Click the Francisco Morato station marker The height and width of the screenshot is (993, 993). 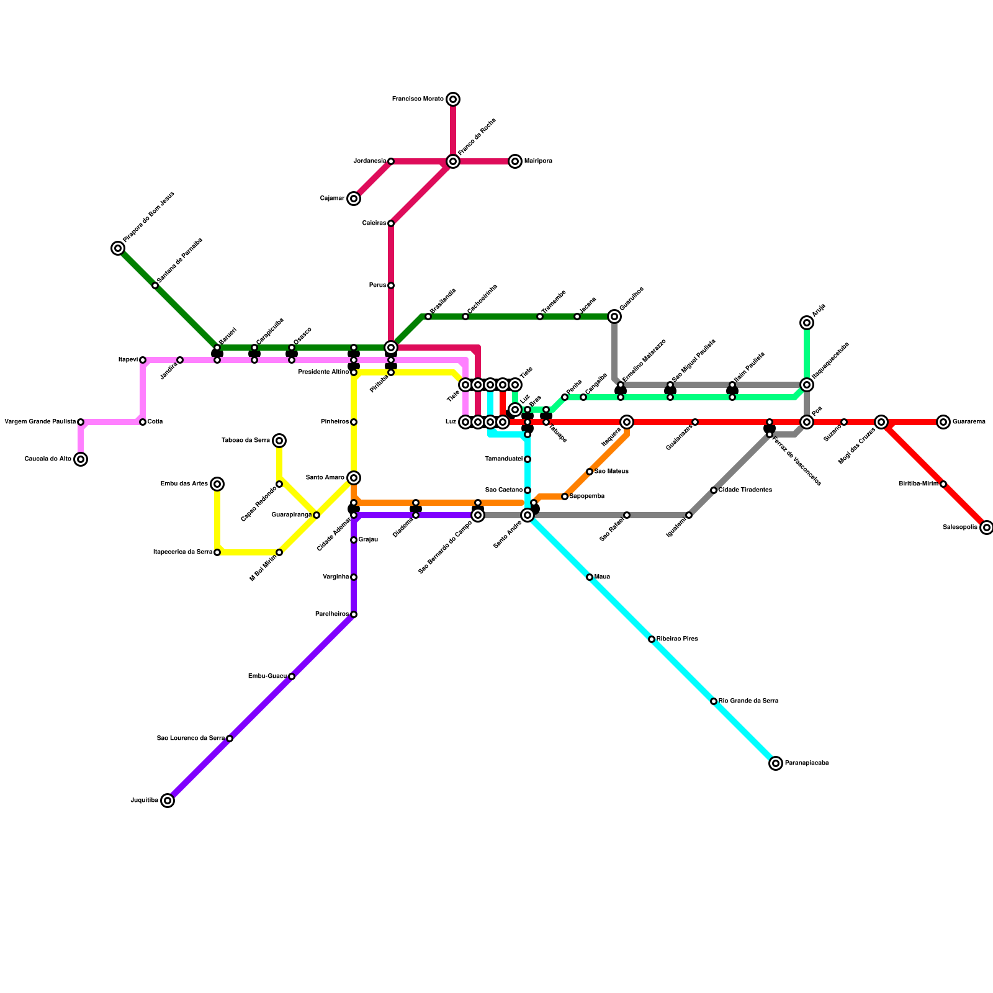point(453,99)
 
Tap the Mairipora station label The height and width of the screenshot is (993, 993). point(538,161)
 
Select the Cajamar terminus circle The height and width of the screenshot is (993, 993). point(354,199)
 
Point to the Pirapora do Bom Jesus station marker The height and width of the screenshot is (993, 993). point(118,248)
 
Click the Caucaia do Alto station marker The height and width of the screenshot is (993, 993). point(81,459)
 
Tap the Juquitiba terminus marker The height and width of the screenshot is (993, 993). point(168,801)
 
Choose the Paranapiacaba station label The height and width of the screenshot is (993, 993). point(806,763)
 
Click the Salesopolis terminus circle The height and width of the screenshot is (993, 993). point(987,528)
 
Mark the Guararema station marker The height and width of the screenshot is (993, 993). point(943,422)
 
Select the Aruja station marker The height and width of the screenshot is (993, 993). point(807,323)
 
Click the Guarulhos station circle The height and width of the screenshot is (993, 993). point(614,317)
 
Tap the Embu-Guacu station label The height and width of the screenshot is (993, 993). point(267,676)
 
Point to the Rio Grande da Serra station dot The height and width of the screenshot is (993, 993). point(714,701)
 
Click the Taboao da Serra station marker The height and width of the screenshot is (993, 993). point(279,441)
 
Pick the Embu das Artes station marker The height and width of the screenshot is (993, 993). point(217,484)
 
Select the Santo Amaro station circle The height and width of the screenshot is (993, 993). point(354,478)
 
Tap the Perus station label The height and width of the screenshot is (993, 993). point(377,285)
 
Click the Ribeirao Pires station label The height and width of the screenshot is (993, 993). point(677,639)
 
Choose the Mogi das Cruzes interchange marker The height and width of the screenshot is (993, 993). point(881,422)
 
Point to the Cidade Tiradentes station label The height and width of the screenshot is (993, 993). point(745,490)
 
